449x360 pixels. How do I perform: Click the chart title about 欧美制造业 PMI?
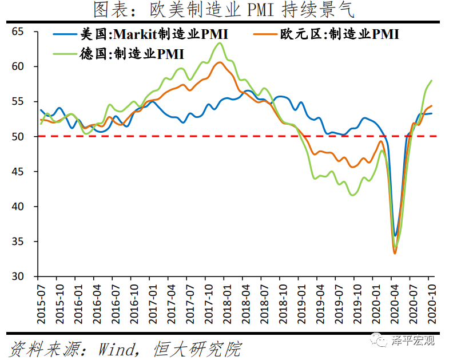tap(224, 10)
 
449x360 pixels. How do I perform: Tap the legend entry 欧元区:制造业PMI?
tap(338, 34)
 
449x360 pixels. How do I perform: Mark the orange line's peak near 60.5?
tap(220, 62)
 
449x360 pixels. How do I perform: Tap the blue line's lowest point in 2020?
tap(395, 235)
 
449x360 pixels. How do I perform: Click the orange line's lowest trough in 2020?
tap(395, 253)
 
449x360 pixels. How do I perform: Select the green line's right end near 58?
tap(431, 81)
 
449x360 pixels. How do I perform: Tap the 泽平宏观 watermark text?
tap(413, 341)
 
